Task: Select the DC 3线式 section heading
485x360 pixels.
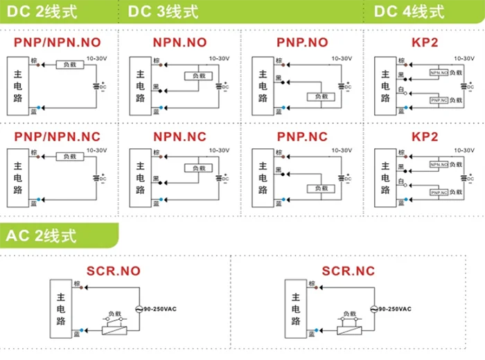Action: click(x=164, y=12)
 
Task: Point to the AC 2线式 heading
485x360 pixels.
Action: click(x=43, y=235)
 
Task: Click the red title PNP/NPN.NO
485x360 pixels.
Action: click(x=57, y=42)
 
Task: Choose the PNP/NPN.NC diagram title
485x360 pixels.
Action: click(x=57, y=136)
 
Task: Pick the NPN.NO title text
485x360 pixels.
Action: click(x=179, y=42)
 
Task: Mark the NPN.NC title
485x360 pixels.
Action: click(x=179, y=136)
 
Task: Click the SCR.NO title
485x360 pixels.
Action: click(x=115, y=270)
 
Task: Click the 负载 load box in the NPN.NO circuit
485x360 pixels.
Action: click(x=200, y=76)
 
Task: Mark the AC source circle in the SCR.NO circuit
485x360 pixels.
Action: click(x=139, y=309)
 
